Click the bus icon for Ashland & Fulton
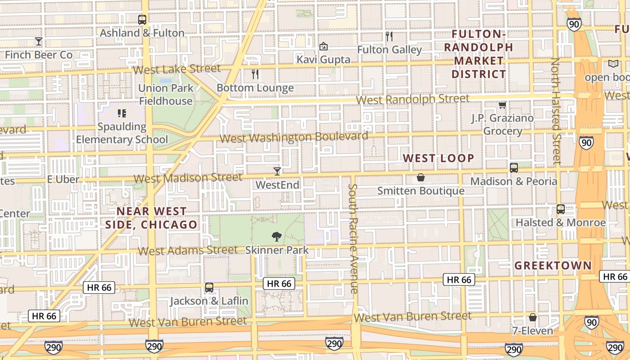(x=142, y=20)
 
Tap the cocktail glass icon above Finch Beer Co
(x=39, y=41)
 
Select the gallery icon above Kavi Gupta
(x=323, y=46)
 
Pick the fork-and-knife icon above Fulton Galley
(x=389, y=36)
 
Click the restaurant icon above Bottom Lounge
(x=255, y=74)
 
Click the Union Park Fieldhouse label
(x=166, y=94)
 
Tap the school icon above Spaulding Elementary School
(x=122, y=113)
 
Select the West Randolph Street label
(x=413, y=99)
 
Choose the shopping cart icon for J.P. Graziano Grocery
(x=502, y=105)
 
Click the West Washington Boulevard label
(x=294, y=137)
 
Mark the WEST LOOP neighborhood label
(x=438, y=158)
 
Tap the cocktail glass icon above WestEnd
(x=277, y=171)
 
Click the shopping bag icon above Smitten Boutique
(x=421, y=177)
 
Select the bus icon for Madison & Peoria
(x=514, y=168)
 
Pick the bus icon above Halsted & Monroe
(x=561, y=209)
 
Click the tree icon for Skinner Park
(x=277, y=237)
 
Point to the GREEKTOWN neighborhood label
(x=553, y=265)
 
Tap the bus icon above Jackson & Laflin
(x=209, y=288)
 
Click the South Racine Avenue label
(x=354, y=238)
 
